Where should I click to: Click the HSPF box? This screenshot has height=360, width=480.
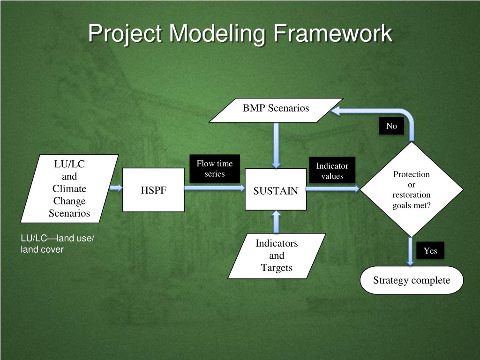point(153,190)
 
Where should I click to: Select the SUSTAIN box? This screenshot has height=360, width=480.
point(276,190)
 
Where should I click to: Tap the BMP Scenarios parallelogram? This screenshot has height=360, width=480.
point(276,110)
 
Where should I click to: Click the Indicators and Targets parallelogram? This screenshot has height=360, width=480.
point(277,256)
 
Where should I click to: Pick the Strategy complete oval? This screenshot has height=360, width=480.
point(412,280)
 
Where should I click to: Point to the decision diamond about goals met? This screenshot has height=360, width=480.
point(412,189)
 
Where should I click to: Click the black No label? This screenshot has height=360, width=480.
point(391,126)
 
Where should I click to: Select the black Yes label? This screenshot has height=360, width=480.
point(430,250)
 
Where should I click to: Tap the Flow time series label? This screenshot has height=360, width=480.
point(215,169)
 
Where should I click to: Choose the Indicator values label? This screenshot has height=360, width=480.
point(332,171)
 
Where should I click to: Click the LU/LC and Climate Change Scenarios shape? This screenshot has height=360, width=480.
point(69,188)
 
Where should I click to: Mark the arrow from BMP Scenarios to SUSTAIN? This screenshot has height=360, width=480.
point(276,145)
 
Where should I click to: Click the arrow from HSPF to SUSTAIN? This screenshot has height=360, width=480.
point(214,188)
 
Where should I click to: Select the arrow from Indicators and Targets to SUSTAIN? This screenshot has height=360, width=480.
point(276,222)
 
